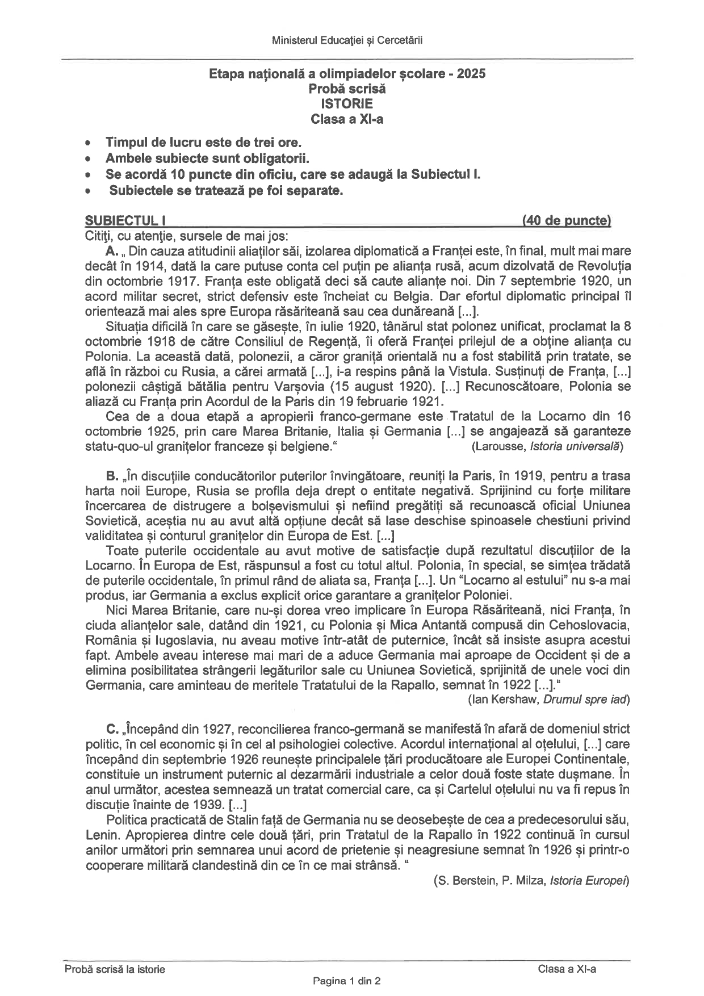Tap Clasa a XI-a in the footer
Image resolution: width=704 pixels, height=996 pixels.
(x=567, y=969)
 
